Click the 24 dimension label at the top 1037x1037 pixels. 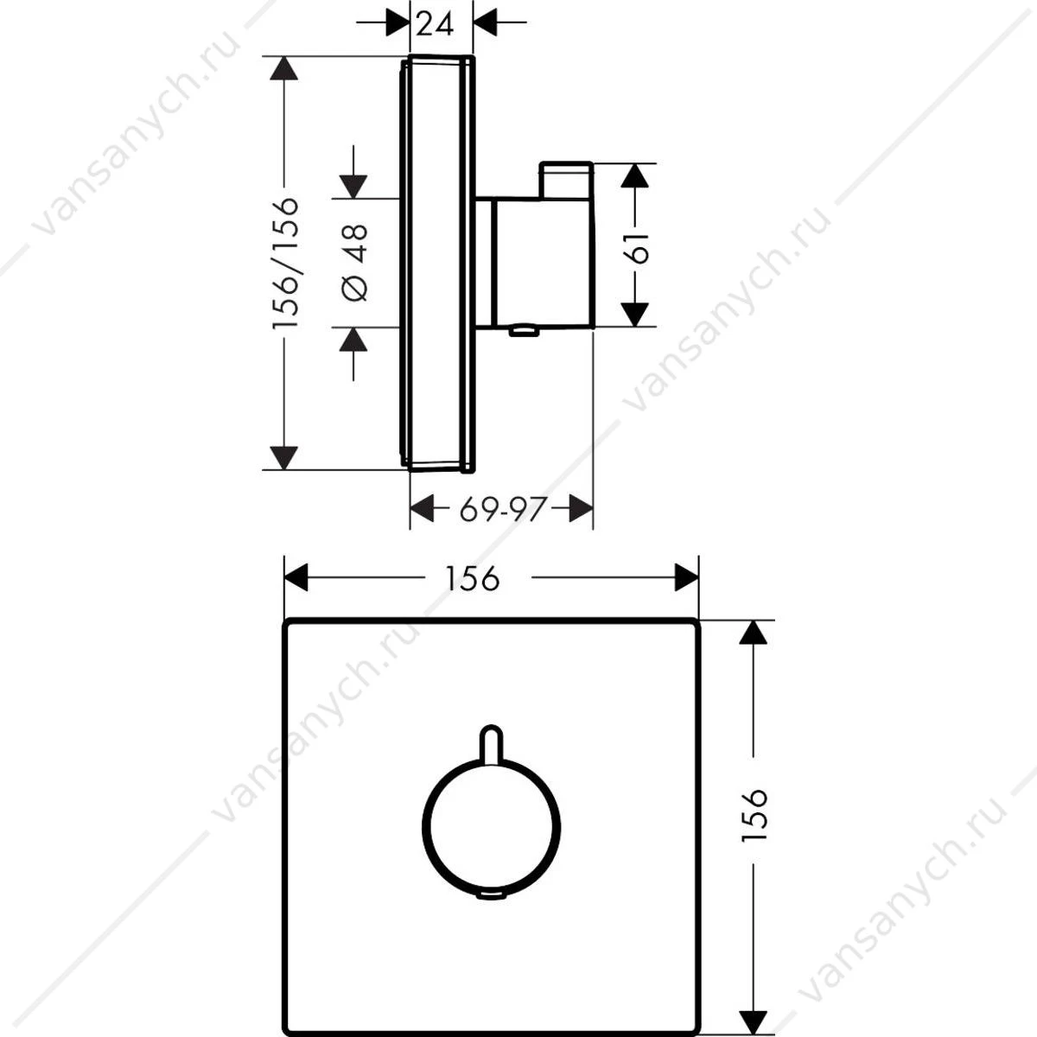[x=435, y=23]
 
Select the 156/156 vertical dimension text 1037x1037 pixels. [x=284, y=263]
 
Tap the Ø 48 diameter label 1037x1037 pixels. [x=354, y=264]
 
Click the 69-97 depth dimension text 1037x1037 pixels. [x=503, y=508]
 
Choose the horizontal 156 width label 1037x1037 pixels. [x=473, y=578]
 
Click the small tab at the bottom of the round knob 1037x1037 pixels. [x=491, y=894]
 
